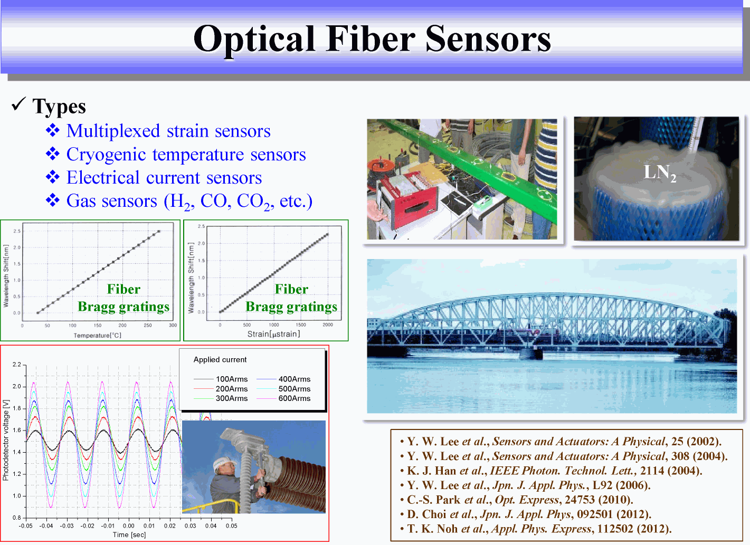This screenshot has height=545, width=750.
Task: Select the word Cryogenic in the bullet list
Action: pos(106,155)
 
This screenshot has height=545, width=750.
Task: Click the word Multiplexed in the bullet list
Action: pos(113,131)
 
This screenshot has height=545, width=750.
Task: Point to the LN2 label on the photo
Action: pos(660,173)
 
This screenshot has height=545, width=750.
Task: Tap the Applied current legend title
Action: pos(220,359)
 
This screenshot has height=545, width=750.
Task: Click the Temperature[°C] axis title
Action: pos(98,335)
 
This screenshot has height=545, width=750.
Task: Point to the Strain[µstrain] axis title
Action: pos(273,334)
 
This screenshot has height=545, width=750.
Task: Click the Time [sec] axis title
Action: pos(129,534)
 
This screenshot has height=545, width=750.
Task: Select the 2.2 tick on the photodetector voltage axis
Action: pos(17,364)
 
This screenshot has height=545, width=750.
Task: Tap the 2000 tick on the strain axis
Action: pos(327,324)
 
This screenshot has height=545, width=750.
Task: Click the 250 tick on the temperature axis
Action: pos(148,326)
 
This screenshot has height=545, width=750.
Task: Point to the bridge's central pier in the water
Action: pos(531,353)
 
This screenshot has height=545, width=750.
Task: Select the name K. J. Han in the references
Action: pos(431,471)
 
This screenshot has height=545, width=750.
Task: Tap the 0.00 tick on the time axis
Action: pos(129,525)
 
